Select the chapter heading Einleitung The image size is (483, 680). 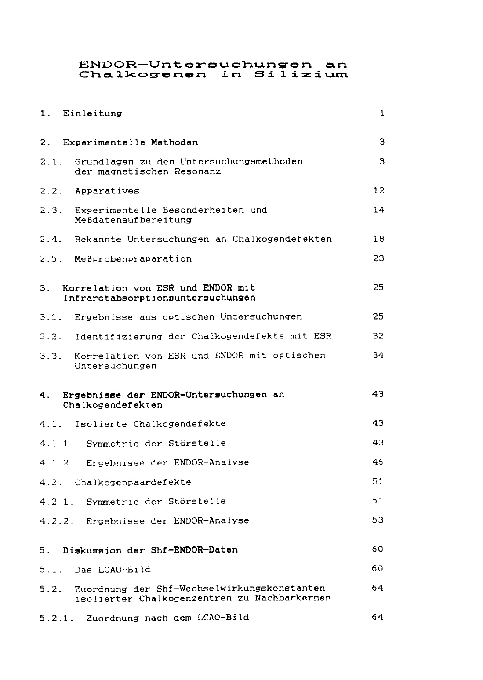click(x=92, y=113)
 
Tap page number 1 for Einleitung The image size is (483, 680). click(x=382, y=113)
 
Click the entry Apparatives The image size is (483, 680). click(x=107, y=191)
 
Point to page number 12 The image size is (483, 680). click(x=378, y=190)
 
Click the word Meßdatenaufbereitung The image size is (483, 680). click(x=133, y=220)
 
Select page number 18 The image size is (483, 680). click(x=378, y=239)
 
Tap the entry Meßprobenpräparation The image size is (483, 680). click(x=133, y=259)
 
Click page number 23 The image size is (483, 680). click(x=378, y=258)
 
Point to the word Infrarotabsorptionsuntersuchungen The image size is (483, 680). click(x=159, y=298)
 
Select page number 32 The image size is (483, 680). click(x=378, y=336)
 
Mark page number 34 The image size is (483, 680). click(x=378, y=355)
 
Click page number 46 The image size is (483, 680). click(x=378, y=462)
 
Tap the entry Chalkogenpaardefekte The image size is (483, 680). click(x=133, y=482)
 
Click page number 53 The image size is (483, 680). click(x=378, y=520)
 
